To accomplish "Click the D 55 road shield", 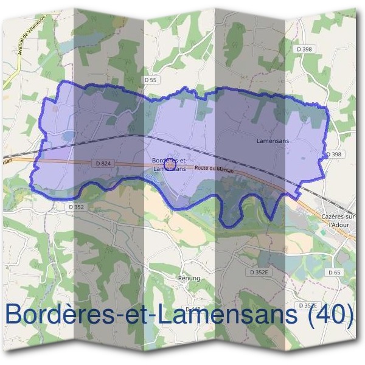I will click(x=151, y=80).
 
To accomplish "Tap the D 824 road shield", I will click(x=102, y=163).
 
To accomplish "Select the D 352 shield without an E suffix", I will click(x=75, y=207).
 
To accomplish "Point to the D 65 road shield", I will click(x=333, y=273).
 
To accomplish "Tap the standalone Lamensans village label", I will click(x=273, y=141).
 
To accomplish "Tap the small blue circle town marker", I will click(x=170, y=163).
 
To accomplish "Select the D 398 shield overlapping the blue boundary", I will click(x=333, y=155).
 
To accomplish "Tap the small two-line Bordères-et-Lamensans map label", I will click(x=170, y=164).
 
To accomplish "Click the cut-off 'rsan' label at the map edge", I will click(x=7, y=161).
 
